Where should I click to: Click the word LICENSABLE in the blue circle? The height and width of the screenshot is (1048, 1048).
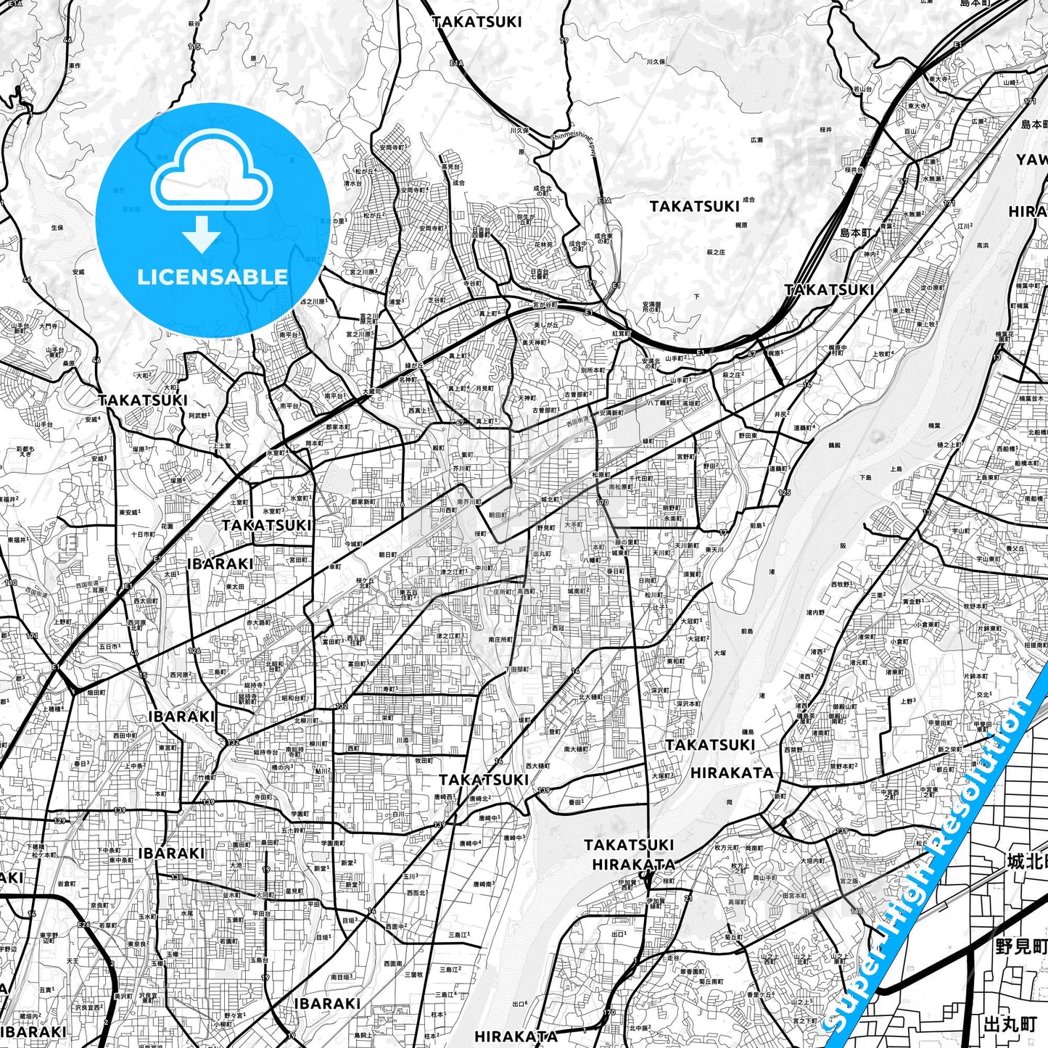(x=213, y=276)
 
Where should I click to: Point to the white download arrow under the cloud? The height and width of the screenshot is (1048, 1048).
(x=202, y=234)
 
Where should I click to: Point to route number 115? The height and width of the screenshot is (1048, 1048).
(x=194, y=47)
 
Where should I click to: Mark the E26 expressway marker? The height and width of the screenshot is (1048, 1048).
(x=84, y=924)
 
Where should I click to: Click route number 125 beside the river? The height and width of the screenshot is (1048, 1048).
(x=784, y=493)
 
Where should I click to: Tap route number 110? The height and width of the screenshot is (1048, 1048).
(x=10, y=582)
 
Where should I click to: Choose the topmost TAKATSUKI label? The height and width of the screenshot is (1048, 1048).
(x=476, y=22)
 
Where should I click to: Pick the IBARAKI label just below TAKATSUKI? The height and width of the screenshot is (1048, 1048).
(x=220, y=564)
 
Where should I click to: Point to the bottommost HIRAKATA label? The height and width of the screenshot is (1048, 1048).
(x=516, y=1036)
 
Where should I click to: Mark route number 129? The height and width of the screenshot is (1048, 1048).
(x=59, y=820)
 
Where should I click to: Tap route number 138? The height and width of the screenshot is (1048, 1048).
(x=176, y=878)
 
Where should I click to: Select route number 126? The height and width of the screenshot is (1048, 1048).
(x=194, y=651)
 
